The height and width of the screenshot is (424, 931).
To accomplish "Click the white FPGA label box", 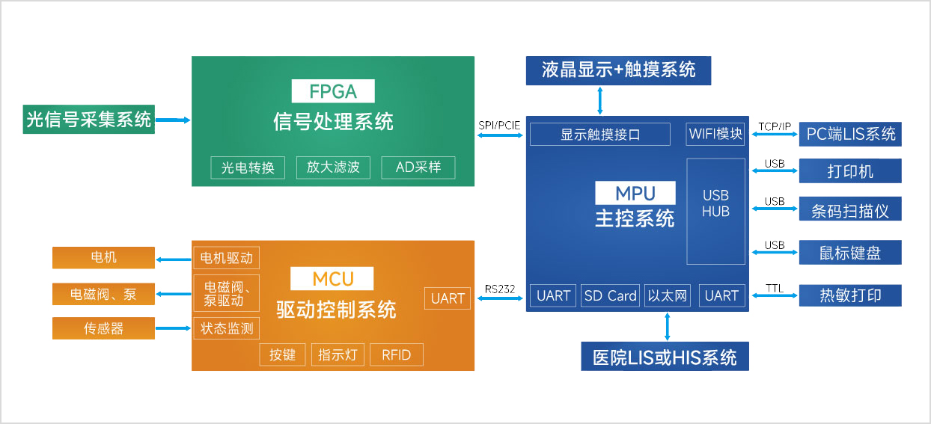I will [332, 91].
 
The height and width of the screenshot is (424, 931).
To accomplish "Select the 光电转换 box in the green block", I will [248, 168].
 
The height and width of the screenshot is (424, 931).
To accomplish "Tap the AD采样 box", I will [418, 168].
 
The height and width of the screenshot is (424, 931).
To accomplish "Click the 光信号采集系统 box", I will [88, 119].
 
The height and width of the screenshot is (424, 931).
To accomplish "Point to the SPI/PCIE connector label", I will [499, 125].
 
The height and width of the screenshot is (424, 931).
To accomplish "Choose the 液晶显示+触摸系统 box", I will [618, 70].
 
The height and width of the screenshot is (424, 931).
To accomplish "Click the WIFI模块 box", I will [715, 135].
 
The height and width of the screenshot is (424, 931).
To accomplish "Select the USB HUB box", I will [715, 210].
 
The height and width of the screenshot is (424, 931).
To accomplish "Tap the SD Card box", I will [610, 295].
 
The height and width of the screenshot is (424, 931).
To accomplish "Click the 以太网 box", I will [667, 295].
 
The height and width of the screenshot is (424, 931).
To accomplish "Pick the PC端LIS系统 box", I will [850, 135].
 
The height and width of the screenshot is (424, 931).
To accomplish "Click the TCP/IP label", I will [774, 126].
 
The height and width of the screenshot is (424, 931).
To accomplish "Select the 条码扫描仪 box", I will [850, 210].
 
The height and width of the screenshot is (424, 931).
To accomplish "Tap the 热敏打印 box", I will [850, 295].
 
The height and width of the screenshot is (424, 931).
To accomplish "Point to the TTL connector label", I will [774, 288].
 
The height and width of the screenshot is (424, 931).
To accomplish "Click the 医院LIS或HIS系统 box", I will [665, 357].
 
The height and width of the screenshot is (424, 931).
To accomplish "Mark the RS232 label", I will [500, 289].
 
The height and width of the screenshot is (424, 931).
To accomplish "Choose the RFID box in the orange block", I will [396, 354].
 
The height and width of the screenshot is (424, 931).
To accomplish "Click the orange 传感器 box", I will [103, 328].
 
